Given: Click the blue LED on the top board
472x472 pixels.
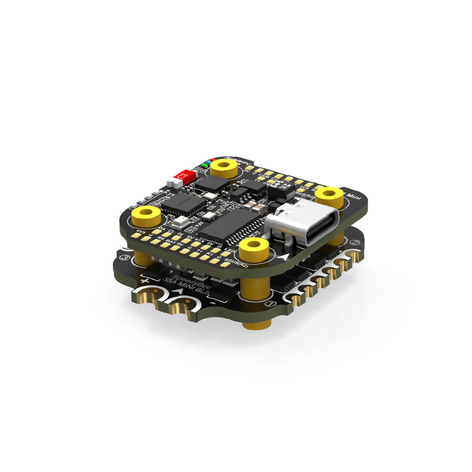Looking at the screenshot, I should pyautogui.click(x=209, y=162).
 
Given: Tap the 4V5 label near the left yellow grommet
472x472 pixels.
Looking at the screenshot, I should pyautogui.click(x=140, y=232).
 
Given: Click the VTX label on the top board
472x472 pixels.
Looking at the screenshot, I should pyautogui.click(x=199, y=241).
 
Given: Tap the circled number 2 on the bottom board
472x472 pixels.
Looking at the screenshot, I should pyautogui.click(x=354, y=243).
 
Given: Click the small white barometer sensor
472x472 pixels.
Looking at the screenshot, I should pyautogui.click(x=181, y=221).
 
